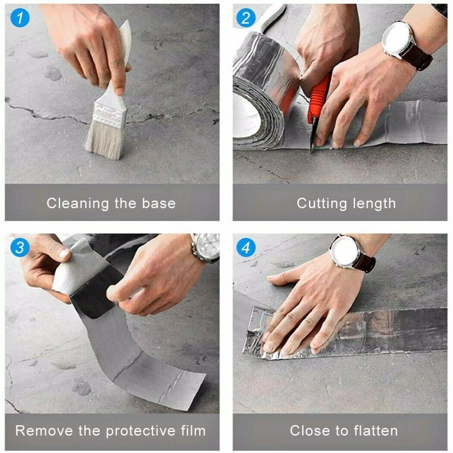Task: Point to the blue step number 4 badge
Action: (x=246, y=248)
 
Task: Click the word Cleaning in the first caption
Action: (x=78, y=203)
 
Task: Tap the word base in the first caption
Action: (x=160, y=203)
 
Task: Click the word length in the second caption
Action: (x=373, y=204)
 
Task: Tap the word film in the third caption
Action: (x=192, y=430)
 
